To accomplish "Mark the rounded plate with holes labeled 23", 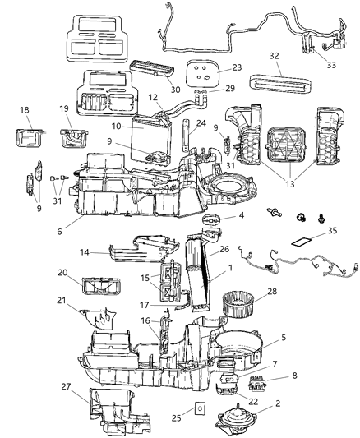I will (x=204, y=73).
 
